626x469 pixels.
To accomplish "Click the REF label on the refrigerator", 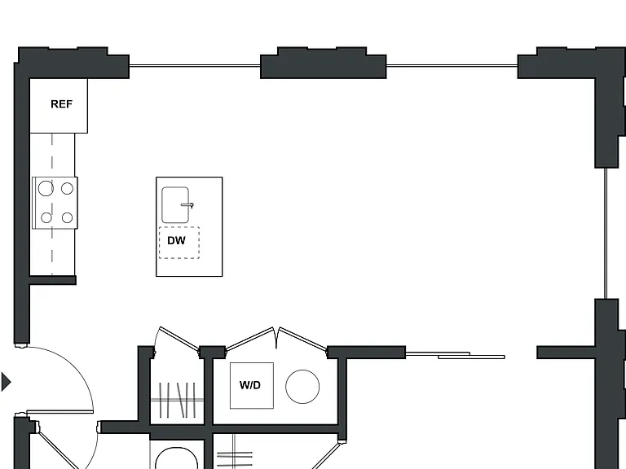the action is point(61,104).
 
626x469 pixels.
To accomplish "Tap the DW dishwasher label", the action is point(176,240).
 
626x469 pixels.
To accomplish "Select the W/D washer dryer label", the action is point(250,385).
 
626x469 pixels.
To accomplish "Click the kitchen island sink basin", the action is point(175,204).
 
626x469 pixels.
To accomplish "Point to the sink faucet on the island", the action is point(187,205).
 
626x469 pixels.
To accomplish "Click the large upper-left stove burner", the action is point(46,188).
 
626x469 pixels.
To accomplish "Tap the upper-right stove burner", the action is point(67,188).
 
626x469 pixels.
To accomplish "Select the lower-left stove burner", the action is point(46,217).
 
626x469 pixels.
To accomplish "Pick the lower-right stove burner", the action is point(67,217).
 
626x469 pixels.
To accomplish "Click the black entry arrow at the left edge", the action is point(6,382).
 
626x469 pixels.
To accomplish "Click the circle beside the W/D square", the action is point(302,387).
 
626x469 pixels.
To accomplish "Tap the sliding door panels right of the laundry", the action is point(455,355).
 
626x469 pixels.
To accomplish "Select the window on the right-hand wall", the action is point(606,234).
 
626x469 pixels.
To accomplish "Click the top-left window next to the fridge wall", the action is point(195,66).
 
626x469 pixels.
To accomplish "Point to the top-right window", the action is point(452,66).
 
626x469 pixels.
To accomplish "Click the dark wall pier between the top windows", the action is point(324,64).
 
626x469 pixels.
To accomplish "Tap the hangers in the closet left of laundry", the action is point(178,400).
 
